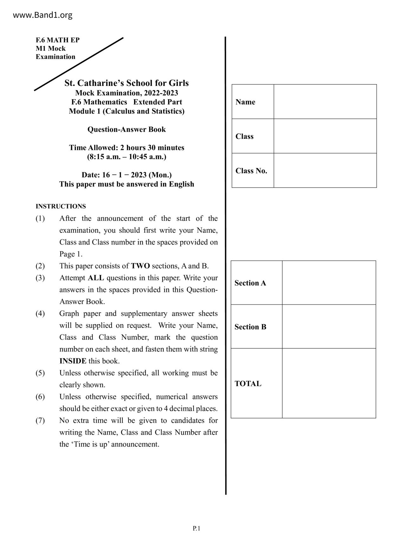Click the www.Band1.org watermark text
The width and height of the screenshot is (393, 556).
[x=42, y=15]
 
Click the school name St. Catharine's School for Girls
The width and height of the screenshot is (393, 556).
[x=126, y=83]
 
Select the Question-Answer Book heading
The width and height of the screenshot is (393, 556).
[x=126, y=129]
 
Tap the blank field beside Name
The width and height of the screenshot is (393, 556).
[x=325, y=102]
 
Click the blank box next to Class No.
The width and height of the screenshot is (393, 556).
[x=325, y=171]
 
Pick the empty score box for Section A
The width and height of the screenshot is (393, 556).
[x=329, y=283]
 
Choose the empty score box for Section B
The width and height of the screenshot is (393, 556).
[x=329, y=326]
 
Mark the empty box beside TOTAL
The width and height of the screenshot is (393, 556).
[x=329, y=383]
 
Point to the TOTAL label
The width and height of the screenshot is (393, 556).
[x=248, y=384]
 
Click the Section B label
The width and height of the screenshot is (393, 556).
[x=250, y=327]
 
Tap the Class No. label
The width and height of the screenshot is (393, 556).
[x=251, y=171]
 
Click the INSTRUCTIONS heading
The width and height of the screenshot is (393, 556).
[x=61, y=206]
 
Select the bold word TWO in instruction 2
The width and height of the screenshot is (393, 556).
[x=140, y=266]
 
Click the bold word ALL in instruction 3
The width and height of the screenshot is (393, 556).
[x=96, y=278]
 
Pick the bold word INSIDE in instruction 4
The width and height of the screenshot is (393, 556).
[x=73, y=361]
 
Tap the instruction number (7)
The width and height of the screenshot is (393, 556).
[x=40, y=421]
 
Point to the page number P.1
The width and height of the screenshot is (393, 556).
[x=196, y=528]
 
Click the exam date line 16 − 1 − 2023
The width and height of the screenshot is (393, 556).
[x=126, y=175]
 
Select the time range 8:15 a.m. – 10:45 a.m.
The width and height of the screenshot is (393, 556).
[x=126, y=157]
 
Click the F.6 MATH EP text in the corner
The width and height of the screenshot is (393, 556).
[x=57, y=40]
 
